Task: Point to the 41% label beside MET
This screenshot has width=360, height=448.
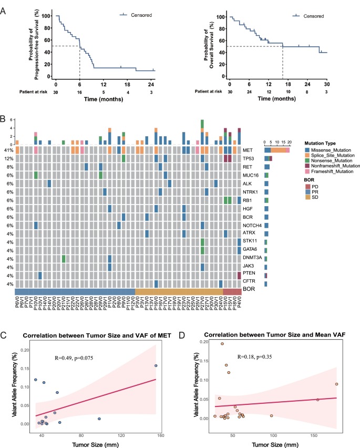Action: (x=8, y=150)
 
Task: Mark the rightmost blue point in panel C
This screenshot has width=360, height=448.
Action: (x=156, y=366)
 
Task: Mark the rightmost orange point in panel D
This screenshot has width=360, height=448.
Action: (x=336, y=384)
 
